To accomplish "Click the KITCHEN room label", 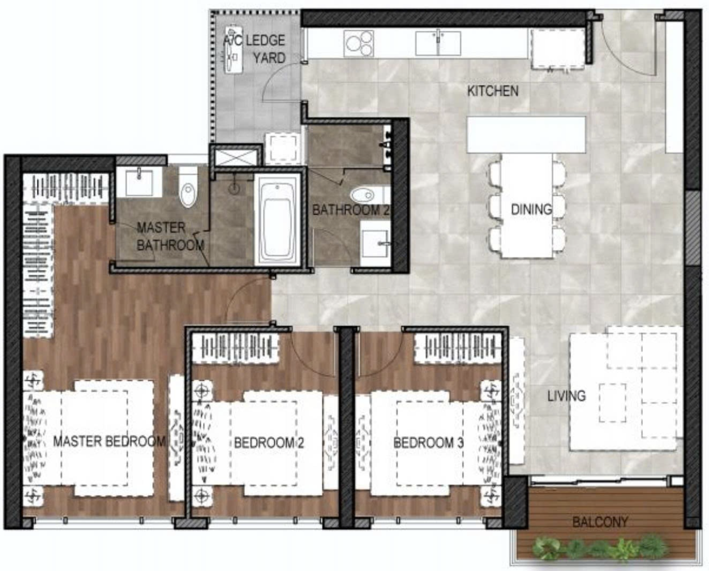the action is (x=493, y=91).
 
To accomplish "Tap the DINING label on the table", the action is (x=531, y=209).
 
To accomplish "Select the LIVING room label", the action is (x=567, y=395).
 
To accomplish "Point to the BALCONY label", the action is (x=600, y=522).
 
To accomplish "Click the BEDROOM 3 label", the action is (x=428, y=443).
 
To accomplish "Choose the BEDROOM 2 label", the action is (x=269, y=443).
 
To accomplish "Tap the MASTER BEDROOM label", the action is (x=109, y=441).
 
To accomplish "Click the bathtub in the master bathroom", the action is (x=277, y=219).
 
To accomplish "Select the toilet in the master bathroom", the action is (x=188, y=187).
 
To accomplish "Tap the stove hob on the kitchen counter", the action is (x=359, y=43).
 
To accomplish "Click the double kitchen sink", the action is (x=438, y=43).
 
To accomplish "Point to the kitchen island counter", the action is (x=526, y=134).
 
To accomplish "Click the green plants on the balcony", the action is (x=600, y=549).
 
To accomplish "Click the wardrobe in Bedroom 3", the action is (x=458, y=350).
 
